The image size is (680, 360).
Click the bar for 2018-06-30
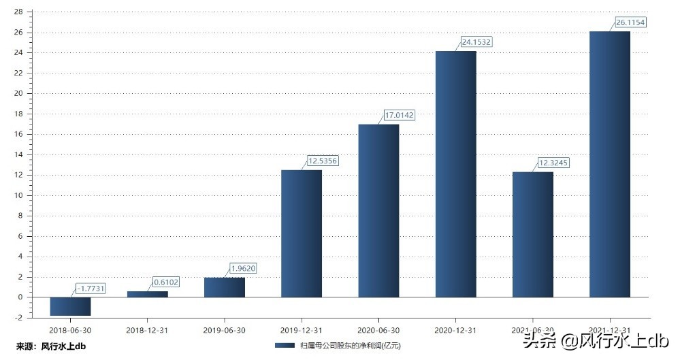coord(70,306)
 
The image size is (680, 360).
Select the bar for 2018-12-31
coord(147,294)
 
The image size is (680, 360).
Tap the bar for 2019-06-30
coord(224,287)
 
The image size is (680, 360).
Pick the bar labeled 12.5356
coord(302,233)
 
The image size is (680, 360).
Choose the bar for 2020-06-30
coord(378,210)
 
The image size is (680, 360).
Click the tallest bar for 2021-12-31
coord(610,164)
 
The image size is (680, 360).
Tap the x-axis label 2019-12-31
coord(302,329)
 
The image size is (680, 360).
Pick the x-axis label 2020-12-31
coord(455,329)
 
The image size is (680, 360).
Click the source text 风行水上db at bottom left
coord(63,346)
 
